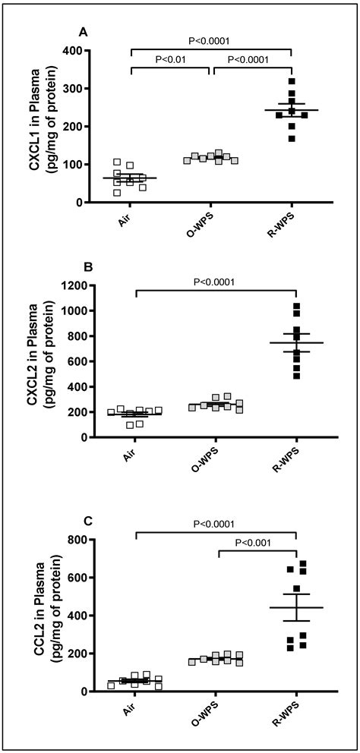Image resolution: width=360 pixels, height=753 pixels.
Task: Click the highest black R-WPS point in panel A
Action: click(x=292, y=81)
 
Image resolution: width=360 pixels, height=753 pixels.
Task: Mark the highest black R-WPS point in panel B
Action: click(x=297, y=306)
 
